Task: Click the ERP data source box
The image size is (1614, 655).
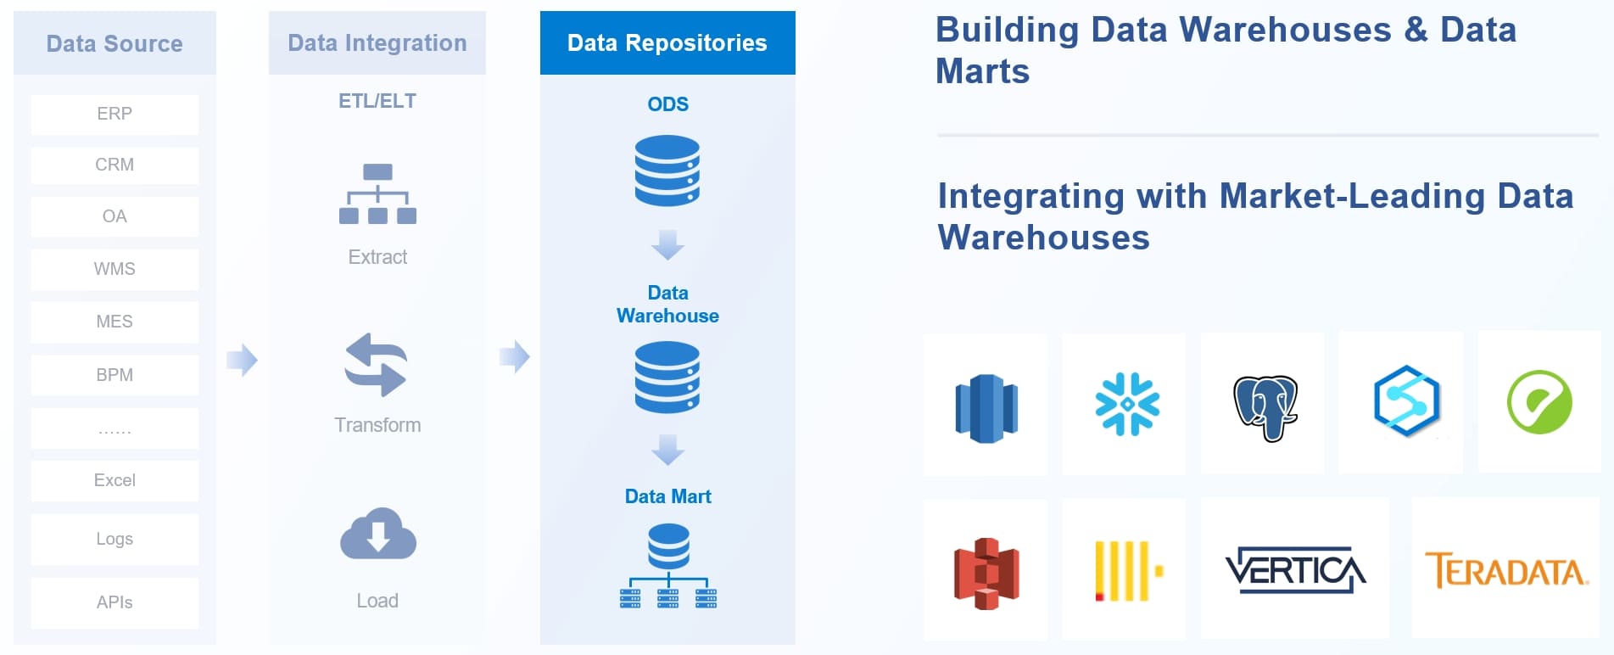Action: point(114,114)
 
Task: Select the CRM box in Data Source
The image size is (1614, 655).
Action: point(114,165)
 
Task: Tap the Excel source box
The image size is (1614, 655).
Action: point(114,480)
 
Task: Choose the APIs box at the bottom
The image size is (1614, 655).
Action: point(114,602)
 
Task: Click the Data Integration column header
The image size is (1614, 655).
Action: point(377,42)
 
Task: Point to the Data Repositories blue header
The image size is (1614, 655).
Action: point(667,42)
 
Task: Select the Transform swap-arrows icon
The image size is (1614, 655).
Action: point(377,365)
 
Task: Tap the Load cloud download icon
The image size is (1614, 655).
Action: point(378,535)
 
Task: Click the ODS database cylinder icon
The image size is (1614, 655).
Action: point(667,171)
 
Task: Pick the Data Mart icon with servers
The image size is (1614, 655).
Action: point(668,566)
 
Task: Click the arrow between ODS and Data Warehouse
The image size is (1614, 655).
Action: point(667,245)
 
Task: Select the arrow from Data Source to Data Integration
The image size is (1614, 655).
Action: point(242,360)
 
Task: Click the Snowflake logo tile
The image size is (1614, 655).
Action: point(1126,405)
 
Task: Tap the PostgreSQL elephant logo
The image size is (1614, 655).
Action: point(1265,407)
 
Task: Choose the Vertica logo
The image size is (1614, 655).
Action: point(1295,570)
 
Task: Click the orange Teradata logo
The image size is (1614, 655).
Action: point(1505,570)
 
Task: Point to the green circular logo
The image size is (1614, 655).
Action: point(1539,402)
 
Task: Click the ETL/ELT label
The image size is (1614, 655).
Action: point(377,101)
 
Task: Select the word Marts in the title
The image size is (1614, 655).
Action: point(982,71)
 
